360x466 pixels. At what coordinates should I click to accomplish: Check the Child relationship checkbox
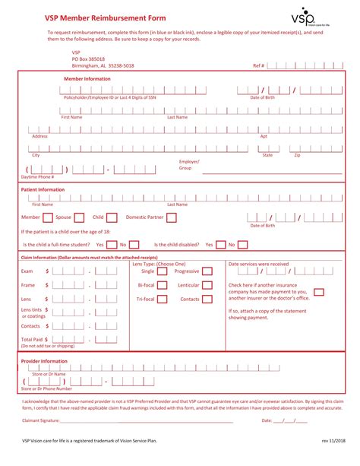(112, 217)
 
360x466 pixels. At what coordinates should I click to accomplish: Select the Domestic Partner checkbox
(171, 217)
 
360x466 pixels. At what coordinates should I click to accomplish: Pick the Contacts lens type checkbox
(207, 299)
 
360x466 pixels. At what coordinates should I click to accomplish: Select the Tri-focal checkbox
(162, 299)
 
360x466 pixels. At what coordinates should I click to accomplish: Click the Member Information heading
(87, 79)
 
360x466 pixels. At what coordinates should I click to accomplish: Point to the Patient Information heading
(43, 189)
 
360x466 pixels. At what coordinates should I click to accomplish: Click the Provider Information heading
(44, 361)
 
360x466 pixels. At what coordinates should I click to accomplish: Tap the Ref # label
(258, 65)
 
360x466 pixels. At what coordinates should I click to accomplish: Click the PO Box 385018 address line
(88, 59)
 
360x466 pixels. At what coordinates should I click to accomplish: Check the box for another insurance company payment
(319, 291)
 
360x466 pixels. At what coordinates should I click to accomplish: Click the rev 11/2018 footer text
(334, 439)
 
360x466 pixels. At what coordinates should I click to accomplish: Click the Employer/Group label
(188, 165)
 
